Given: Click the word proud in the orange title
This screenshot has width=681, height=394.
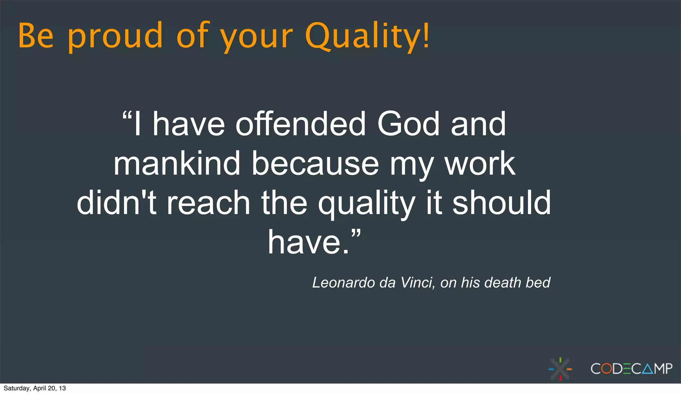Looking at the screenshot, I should [115, 36].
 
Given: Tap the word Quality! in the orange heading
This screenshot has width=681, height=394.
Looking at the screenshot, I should [367, 36].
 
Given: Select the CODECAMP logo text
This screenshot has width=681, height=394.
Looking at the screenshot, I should [631, 369].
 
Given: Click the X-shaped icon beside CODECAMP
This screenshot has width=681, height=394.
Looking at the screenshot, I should [560, 369].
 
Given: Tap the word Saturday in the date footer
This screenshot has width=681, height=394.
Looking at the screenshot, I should [17, 388].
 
